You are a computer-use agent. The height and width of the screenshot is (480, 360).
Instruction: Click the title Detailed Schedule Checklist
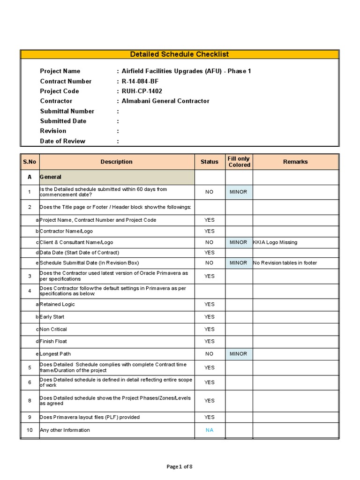(x=179, y=54)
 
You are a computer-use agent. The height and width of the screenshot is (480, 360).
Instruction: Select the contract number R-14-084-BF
(x=141, y=81)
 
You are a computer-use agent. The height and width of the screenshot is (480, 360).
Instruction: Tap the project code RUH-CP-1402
(x=142, y=91)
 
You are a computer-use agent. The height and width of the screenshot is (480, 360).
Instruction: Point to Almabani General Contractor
(x=165, y=101)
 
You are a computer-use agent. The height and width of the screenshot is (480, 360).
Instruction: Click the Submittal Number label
(x=67, y=111)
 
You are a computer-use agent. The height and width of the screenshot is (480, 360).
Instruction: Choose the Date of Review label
(x=62, y=141)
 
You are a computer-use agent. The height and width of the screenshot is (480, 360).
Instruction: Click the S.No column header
(x=29, y=162)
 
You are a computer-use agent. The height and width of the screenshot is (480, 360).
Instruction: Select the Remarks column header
(x=295, y=162)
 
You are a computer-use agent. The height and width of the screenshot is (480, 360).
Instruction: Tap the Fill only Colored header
(x=239, y=162)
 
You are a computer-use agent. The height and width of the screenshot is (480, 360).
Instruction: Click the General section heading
(x=51, y=177)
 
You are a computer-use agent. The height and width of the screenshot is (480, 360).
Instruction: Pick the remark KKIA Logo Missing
(x=275, y=242)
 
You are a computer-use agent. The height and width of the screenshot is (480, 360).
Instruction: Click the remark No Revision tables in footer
(x=285, y=263)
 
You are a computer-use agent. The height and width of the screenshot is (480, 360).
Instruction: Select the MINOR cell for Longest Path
(x=239, y=354)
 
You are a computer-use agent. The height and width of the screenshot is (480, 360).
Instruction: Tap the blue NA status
(x=209, y=430)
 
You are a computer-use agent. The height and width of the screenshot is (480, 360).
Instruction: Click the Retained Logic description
(x=57, y=304)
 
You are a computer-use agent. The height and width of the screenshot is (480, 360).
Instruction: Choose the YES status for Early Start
(x=209, y=317)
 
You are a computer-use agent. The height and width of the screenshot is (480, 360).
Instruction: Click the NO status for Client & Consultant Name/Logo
(x=209, y=242)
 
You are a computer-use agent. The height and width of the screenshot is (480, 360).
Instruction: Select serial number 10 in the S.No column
(x=30, y=430)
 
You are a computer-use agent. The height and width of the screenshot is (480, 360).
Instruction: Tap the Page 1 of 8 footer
(x=180, y=466)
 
